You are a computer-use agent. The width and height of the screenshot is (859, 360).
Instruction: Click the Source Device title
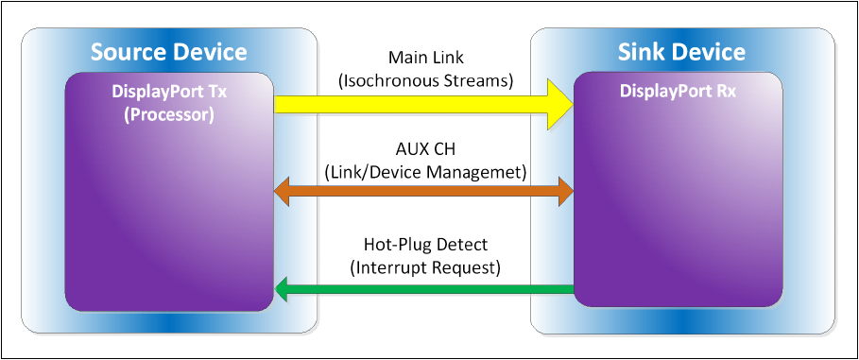click(168, 51)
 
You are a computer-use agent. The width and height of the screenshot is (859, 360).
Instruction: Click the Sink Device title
click(682, 51)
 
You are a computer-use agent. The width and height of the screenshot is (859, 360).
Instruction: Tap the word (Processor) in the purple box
click(168, 114)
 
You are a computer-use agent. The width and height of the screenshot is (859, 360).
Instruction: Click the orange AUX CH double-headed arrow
click(423, 192)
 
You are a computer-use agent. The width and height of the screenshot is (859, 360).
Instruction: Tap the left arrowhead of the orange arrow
click(282, 192)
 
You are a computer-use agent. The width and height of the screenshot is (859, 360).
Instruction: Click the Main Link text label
click(425, 60)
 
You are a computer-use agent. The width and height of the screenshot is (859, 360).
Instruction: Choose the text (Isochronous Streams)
click(425, 81)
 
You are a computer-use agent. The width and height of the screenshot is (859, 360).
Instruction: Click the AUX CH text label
click(425, 149)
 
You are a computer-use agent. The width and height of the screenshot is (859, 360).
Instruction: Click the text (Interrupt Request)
click(425, 267)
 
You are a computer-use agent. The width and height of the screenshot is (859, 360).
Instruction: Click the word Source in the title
click(126, 51)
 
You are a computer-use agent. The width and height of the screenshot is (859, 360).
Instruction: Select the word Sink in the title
click(643, 51)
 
